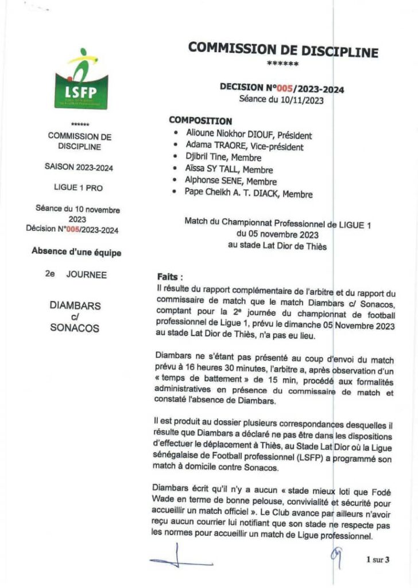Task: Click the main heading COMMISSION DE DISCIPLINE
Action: (283, 49)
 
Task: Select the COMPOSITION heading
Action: (200, 121)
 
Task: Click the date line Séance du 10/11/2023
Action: (282, 99)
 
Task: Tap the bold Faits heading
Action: (170, 276)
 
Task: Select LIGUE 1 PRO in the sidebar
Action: (79, 188)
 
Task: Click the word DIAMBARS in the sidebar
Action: (75, 305)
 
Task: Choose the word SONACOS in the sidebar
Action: (75, 328)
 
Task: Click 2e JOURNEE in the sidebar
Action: (76, 274)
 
